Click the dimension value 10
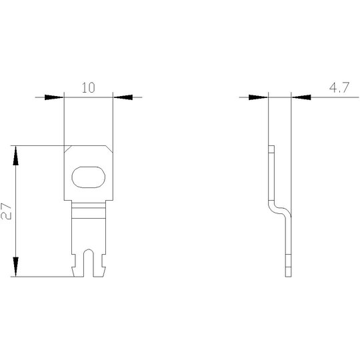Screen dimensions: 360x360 (x=89, y=88)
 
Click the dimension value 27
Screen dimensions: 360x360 (x=6, y=211)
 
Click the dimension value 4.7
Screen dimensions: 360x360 (x=339, y=87)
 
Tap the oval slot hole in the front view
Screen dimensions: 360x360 (x=89, y=177)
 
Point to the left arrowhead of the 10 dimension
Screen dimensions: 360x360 (x=54, y=97)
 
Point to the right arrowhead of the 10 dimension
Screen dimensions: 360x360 (x=123, y=97)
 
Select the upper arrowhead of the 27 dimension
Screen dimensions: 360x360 (x=15, y=155)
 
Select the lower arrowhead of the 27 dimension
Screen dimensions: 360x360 (x=15, y=267)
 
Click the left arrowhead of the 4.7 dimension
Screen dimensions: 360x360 (x=258, y=97)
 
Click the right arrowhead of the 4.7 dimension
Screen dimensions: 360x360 (x=301, y=97)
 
